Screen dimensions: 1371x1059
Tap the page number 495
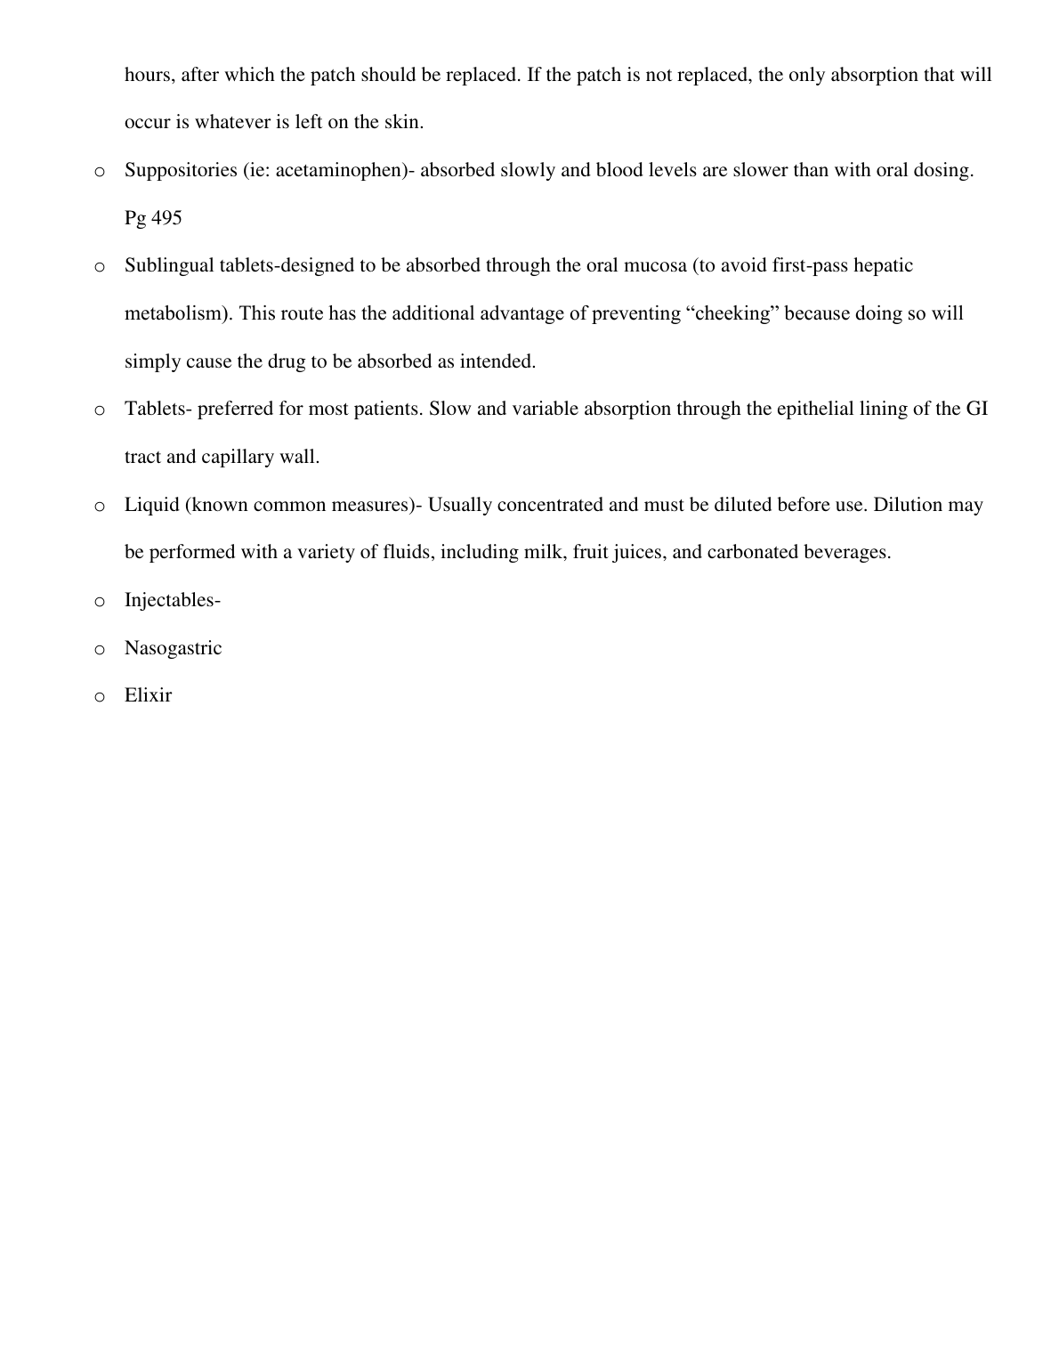(166, 218)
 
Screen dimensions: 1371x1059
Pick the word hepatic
(883, 265)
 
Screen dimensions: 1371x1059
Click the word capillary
(237, 457)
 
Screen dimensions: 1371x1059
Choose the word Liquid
(151, 505)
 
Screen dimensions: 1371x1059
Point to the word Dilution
(908, 505)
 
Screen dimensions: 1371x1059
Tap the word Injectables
(171, 600)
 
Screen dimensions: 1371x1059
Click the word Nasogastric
(173, 648)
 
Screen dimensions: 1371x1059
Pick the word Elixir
(148, 695)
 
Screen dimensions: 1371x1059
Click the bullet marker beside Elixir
(99, 697)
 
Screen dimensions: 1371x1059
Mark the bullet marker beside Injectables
(99, 602)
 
